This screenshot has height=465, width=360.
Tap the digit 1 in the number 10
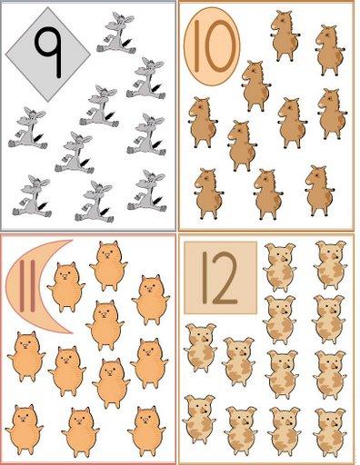point(196,46)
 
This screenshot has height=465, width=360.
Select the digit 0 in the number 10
point(220,46)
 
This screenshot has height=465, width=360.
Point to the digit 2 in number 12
point(225,278)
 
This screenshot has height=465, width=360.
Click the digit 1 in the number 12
point(205,278)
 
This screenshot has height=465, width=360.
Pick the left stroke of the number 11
point(22,285)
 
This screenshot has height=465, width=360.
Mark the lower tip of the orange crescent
point(72,333)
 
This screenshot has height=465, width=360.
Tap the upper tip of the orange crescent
point(72,241)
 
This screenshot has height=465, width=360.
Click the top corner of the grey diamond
point(48,8)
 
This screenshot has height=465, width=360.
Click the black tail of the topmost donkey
point(126,43)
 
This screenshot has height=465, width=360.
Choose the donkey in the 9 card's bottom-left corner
point(32,196)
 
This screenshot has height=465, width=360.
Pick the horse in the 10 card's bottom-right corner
point(319,191)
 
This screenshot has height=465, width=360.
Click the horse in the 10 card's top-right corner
point(330,50)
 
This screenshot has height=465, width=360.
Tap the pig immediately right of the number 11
point(66,287)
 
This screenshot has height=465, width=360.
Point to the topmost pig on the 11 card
point(108,266)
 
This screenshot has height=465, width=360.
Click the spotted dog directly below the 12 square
point(200,348)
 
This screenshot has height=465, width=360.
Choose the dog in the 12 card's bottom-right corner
point(330,432)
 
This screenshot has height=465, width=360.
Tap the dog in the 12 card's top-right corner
point(330,265)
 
